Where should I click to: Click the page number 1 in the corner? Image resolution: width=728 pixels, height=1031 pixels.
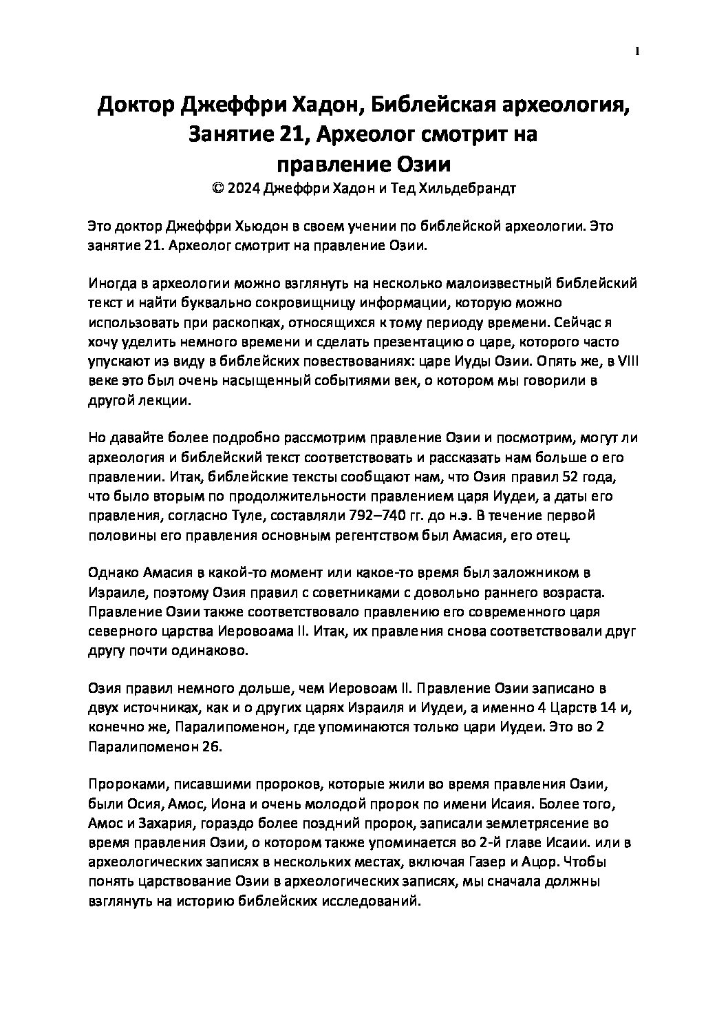click(x=637, y=50)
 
